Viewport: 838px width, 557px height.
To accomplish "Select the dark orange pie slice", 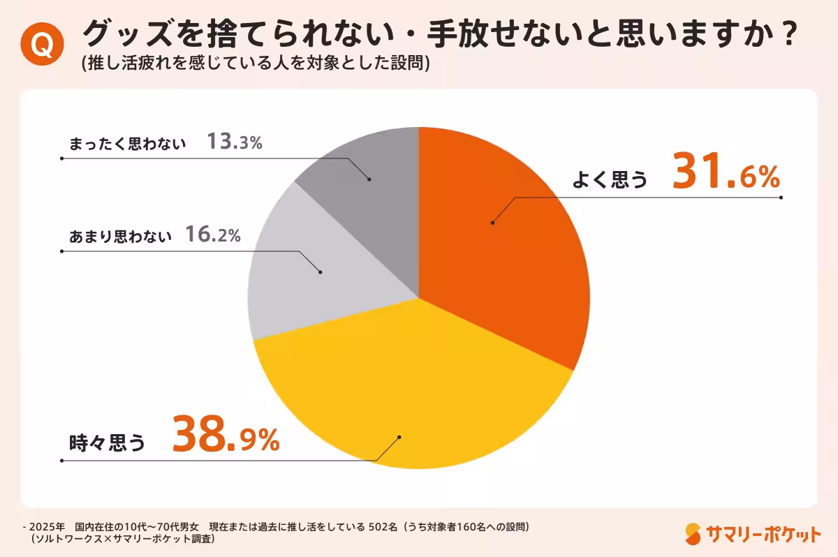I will [x=503, y=237].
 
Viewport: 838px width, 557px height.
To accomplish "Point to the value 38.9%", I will [x=226, y=436].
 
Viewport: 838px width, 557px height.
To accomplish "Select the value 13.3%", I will [x=234, y=143].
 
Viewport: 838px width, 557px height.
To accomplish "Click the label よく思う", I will [x=610, y=180].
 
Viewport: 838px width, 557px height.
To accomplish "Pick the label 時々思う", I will [x=107, y=442].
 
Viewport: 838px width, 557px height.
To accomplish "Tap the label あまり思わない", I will [x=120, y=237].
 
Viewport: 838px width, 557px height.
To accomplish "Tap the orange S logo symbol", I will [x=693, y=534].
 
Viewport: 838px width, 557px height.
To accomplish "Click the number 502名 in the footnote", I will [x=382, y=526].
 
